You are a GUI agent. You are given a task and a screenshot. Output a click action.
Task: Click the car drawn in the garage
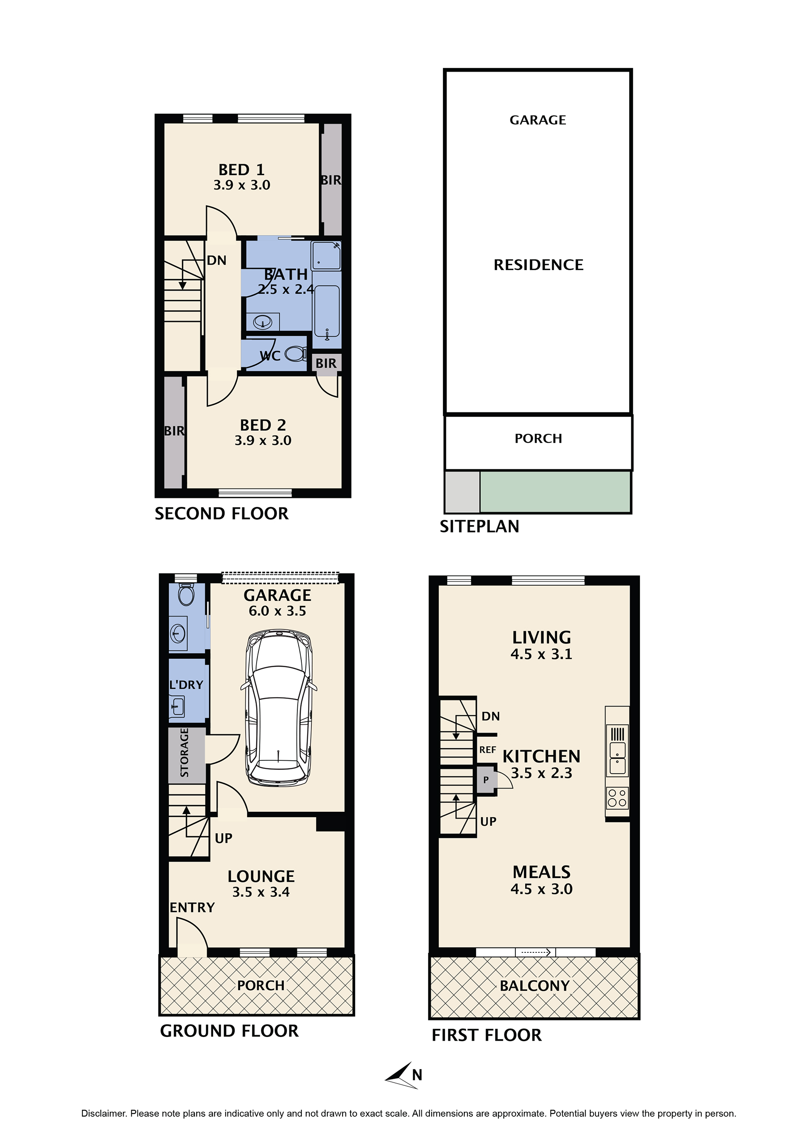(279, 708)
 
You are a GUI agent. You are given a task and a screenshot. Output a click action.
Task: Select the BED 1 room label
(242, 170)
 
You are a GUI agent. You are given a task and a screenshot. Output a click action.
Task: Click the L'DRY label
(186, 685)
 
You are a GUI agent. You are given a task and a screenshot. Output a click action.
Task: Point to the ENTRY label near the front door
(192, 908)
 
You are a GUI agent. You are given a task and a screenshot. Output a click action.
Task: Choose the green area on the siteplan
(555, 492)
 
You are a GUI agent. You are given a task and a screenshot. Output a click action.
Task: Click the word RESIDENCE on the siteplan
(538, 265)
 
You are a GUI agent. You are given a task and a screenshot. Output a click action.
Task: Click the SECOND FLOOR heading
(222, 514)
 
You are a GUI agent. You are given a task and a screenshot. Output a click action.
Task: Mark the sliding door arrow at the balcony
(536, 952)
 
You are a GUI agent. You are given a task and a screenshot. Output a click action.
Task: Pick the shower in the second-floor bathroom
(326, 255)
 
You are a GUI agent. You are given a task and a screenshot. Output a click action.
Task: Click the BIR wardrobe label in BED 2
(174, 431)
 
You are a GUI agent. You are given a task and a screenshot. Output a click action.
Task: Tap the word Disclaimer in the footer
(103, 1114)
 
